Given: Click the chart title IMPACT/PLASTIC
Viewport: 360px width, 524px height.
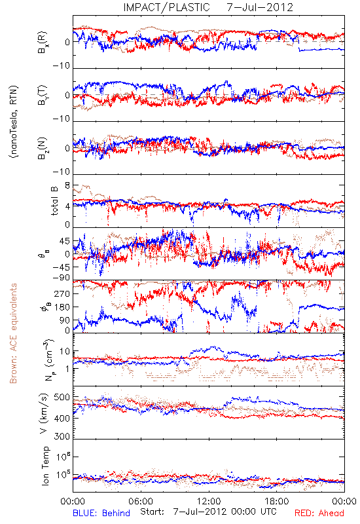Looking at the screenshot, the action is click(166, 7).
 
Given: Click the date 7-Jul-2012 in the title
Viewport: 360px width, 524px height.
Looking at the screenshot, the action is click(260, 7).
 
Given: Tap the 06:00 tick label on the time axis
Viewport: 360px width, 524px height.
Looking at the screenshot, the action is click(141, 501).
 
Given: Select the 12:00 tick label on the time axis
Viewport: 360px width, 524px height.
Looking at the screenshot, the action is click(209, 501).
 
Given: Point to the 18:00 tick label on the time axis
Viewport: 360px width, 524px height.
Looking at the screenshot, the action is click(277, 501).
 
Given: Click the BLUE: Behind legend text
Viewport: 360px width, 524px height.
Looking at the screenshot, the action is click(101, 513).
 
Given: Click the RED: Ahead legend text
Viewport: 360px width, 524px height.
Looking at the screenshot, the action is click(319, 513).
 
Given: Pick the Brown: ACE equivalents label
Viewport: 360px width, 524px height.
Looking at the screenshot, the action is click(13, 333).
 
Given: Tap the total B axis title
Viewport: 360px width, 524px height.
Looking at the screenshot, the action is click(54, 200).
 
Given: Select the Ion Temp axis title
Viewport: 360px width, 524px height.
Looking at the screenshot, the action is click(45, 466).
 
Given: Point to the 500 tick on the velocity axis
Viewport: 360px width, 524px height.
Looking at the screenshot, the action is click(62, 398).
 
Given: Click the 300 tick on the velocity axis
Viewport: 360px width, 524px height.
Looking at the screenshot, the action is click(62, 436).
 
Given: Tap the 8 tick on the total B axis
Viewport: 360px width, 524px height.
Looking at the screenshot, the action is click(67, 185).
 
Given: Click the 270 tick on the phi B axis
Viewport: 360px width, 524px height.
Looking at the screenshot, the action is click(62, 293).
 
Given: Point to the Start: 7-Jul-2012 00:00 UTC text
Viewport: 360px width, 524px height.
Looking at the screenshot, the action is click(208, 512).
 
